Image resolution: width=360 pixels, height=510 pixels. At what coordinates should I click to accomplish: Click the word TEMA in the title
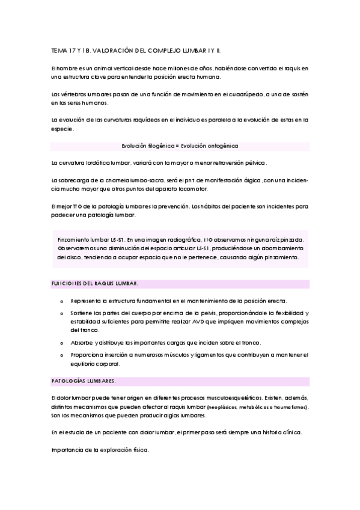click(59, 52)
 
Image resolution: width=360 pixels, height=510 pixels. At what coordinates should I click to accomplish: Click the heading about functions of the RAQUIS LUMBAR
click(94, 283)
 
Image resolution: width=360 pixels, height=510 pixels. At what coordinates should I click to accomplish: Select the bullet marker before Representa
click(63, 300)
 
